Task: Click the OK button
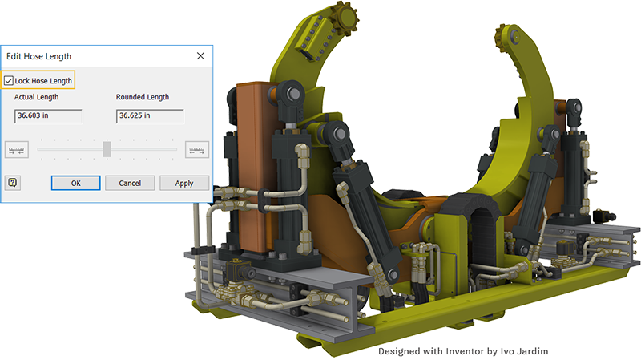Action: tap(75, 184)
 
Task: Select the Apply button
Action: tap(184, 184)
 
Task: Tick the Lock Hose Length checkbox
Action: tap(9, 81)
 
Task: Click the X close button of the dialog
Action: tap(200, 55)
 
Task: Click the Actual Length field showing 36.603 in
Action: tap(48, 115)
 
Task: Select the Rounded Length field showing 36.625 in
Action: tap(150, 115)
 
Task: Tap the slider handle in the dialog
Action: tap(107, 149)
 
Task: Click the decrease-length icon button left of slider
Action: tap(16, 150)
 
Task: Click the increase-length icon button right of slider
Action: tap(197, 150)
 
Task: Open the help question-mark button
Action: tap(13, 183)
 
